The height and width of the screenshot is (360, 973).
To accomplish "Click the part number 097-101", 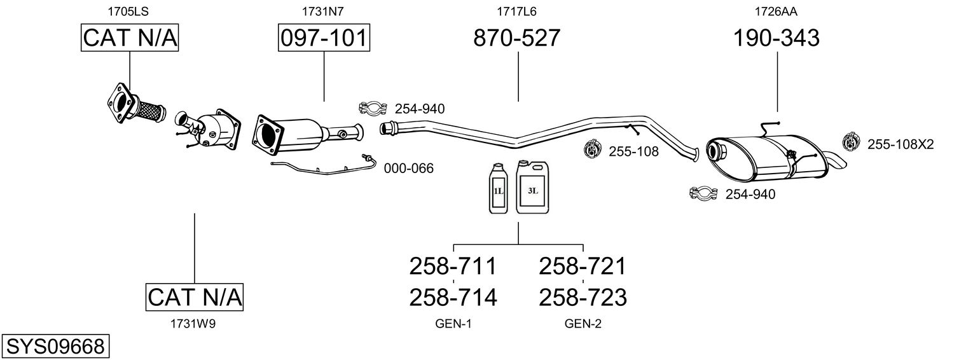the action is [324, 38].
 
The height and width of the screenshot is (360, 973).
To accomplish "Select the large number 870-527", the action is [517, 38].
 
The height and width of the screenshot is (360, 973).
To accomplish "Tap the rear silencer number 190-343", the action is [776, 38].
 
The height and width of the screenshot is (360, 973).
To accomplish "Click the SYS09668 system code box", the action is [55, 346].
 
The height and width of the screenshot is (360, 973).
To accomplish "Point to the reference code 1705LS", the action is [128, 11].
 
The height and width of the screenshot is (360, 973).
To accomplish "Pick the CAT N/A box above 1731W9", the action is [194, 297].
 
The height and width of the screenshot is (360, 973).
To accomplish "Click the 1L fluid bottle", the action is [499, 188].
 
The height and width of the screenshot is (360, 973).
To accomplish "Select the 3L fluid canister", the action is [532, 187].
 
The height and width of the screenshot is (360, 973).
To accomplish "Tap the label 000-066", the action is [409, 169].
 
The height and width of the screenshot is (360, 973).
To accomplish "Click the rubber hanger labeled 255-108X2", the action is [850, 142].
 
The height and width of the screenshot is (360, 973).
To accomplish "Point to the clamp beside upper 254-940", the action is [373, 107].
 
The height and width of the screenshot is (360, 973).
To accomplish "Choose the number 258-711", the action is [453, 266].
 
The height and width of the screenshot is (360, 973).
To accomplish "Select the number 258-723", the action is [583, 298].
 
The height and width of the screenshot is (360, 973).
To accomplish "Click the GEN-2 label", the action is [583, 324].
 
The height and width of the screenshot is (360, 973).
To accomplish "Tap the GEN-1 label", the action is [453, 324].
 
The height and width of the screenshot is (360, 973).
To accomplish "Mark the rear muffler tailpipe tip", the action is [841, 163].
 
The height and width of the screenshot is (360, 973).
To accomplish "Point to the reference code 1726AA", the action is [776, 11].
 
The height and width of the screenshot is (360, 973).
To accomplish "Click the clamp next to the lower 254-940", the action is [703, 193].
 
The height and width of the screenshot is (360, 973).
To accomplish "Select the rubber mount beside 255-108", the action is [591, 149].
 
